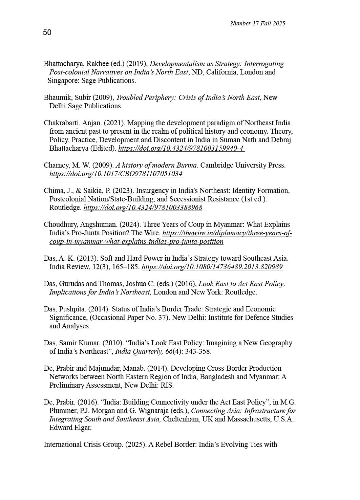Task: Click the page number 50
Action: tap(47, 32)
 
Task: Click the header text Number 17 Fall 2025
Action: tap(257, 23)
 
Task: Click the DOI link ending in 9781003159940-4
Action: tap(181, 148)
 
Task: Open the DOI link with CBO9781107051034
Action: tap(116, 174)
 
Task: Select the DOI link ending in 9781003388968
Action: tap(143, 208)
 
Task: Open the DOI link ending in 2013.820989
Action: tap(212, 267)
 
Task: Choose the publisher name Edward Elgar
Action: tap(70, 428)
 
